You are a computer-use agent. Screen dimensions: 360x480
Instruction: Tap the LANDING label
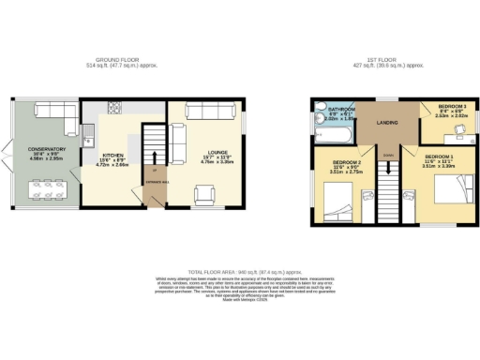click(x=390, y=123)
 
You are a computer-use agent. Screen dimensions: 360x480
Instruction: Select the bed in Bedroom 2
click(x=338, y=201)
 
